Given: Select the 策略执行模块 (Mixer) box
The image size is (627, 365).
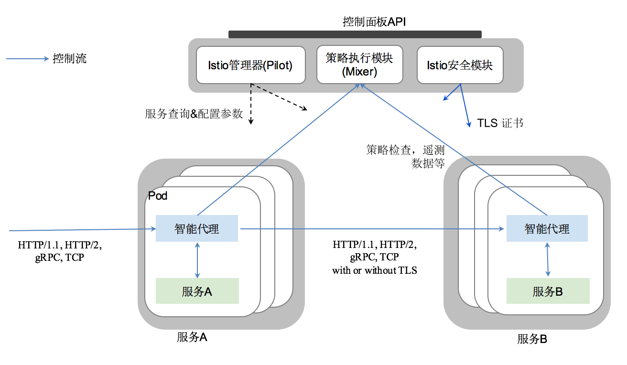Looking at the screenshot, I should click(x=359, y=65).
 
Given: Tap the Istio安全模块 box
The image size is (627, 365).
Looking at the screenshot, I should click(x=460, y=65).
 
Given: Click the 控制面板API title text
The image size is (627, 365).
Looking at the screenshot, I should click(x=374, y=21).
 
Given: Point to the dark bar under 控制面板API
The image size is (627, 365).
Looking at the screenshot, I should click(x=355, y=34).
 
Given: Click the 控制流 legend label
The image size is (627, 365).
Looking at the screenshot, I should click(x=70, y=59).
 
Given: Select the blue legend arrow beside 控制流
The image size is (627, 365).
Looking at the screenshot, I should click(x=28, y=59).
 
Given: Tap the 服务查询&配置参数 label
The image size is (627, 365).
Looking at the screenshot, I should click(x=194, y=114).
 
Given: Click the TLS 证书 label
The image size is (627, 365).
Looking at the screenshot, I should click(x=500, y=123).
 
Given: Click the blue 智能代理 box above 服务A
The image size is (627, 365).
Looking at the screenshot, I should click(x=197, y=229).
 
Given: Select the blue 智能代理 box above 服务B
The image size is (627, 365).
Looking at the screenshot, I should click(x=547, y=229).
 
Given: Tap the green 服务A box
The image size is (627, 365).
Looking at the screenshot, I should click(x=197, y=291).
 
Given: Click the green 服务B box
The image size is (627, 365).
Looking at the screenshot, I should click(x=548, y=291).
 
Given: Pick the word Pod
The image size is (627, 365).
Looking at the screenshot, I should click(x=158, y=196).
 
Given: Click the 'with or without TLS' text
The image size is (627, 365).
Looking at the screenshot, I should click(x=375, y=270).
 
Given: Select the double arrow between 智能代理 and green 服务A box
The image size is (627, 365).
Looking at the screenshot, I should click(x=197, y=260).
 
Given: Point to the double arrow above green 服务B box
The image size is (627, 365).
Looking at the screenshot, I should click(x=548, y=259).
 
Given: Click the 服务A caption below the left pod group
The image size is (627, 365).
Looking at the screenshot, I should click(x=192, y=337).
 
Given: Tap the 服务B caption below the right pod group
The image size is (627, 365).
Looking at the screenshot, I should click(x=532, y=340).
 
